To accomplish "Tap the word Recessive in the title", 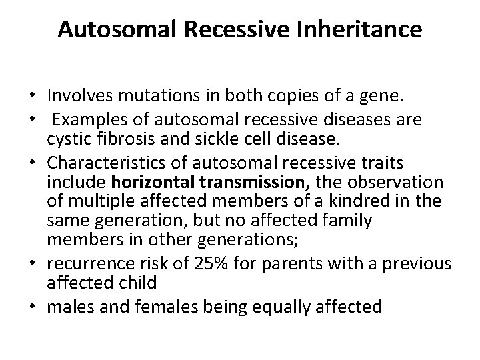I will pos(241,31).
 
